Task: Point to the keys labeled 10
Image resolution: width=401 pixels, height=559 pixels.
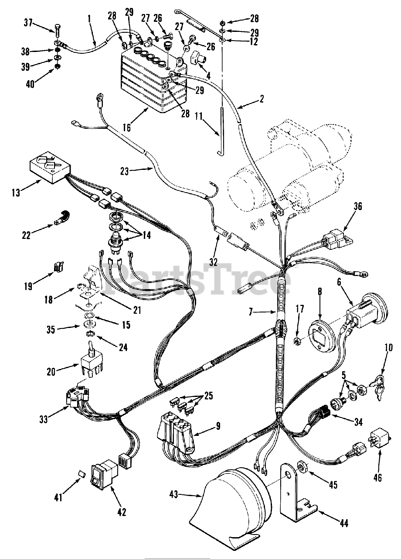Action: pos(377,384)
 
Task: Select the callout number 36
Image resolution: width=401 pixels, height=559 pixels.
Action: pos(346,205)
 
